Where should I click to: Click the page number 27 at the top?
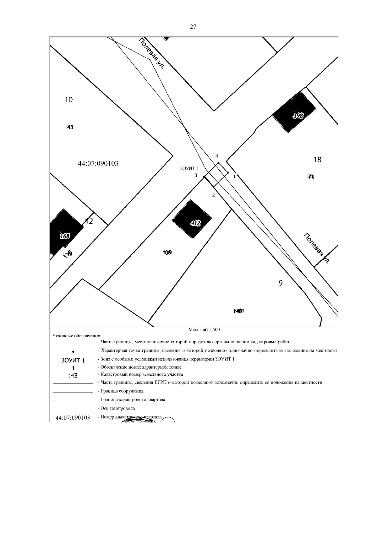pyautogui.click(x=193, y=27)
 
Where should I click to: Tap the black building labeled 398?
pyautogui.click(x=294, y=112)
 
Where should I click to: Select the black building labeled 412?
pyautogui.click(x=192, y=219)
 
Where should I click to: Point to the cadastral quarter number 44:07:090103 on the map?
pyautogui.click(x=98, y=164)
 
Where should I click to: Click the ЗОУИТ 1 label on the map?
pyautogui.click(x=189, y=169)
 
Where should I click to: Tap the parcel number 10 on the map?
pyautogui.click(x=68, y=100)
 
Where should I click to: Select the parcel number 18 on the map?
pyautogui.click(x=317, y=160)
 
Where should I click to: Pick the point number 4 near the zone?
pyautogui.click(x=216, y=156)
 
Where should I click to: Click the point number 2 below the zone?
pyautogui.click(x=214, y=195)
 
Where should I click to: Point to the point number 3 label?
pyautogui.click(x=196, y=175)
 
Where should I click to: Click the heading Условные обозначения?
pyautogui.click(x=76, y=336)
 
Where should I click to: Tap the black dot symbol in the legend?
pyautogui.click(x=73, y=351)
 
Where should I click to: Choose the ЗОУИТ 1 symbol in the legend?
pyautogui.click(x=73, y=360)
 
